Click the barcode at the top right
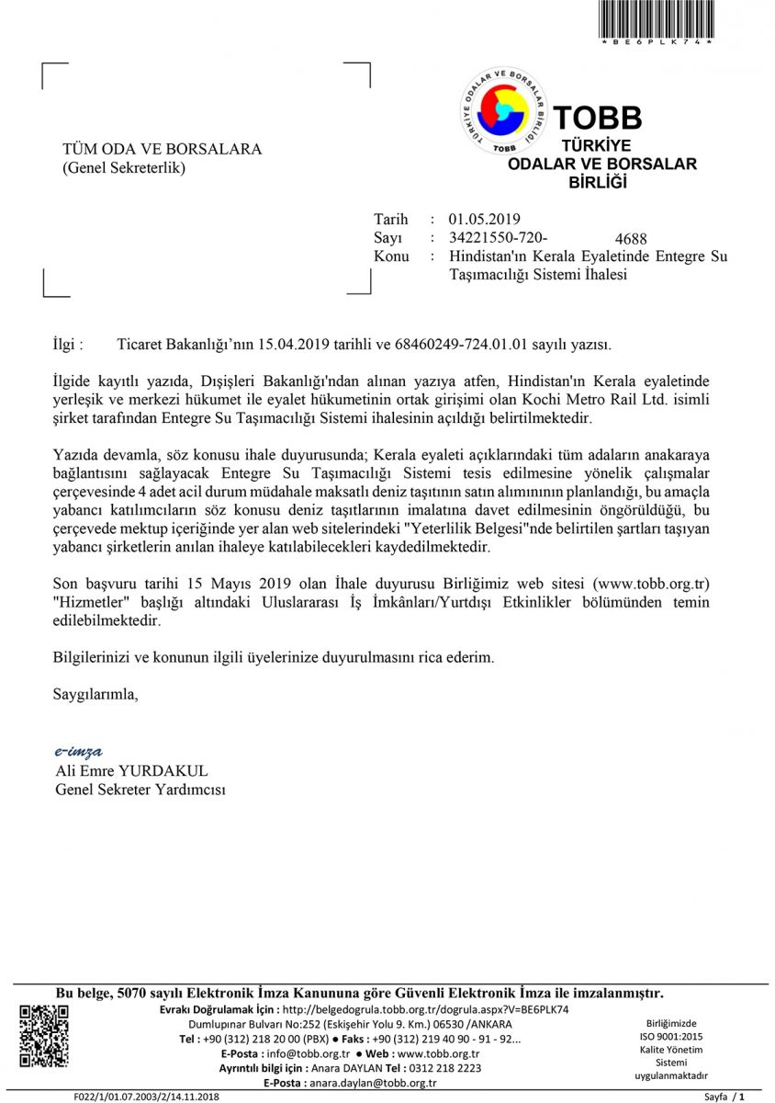[656, 19]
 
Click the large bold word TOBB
[598, 118]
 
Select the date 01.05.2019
[484, 220]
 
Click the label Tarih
[390, 220]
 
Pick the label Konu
[391, 256]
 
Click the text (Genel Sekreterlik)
[124, 168]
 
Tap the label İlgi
[69, 345]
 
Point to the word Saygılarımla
[95, 694]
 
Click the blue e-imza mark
[78, 752]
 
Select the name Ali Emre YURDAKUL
[131, 770]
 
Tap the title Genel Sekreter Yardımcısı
[140, 790]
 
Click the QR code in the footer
[44, 1037]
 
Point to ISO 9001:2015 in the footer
[671, 1036]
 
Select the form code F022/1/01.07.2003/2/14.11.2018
[147, 1097]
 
